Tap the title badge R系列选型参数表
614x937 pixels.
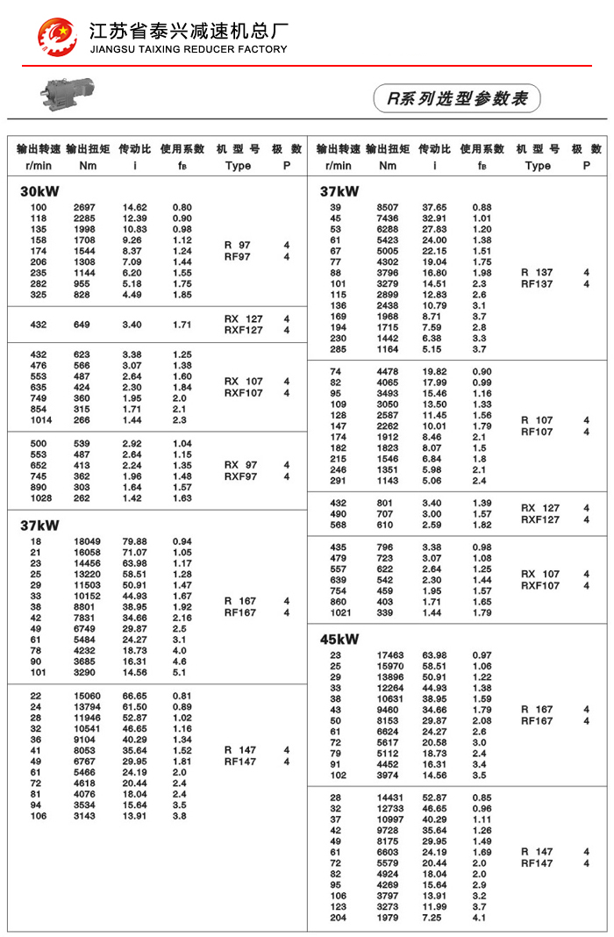point(457,98)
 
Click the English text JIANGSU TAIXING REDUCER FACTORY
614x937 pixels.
point(189,49)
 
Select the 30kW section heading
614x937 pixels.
point(39,191)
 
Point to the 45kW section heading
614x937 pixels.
point(339,639)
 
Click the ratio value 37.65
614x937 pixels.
point(434,207)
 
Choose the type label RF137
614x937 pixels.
point(537,284)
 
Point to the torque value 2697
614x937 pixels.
point(87,207)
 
